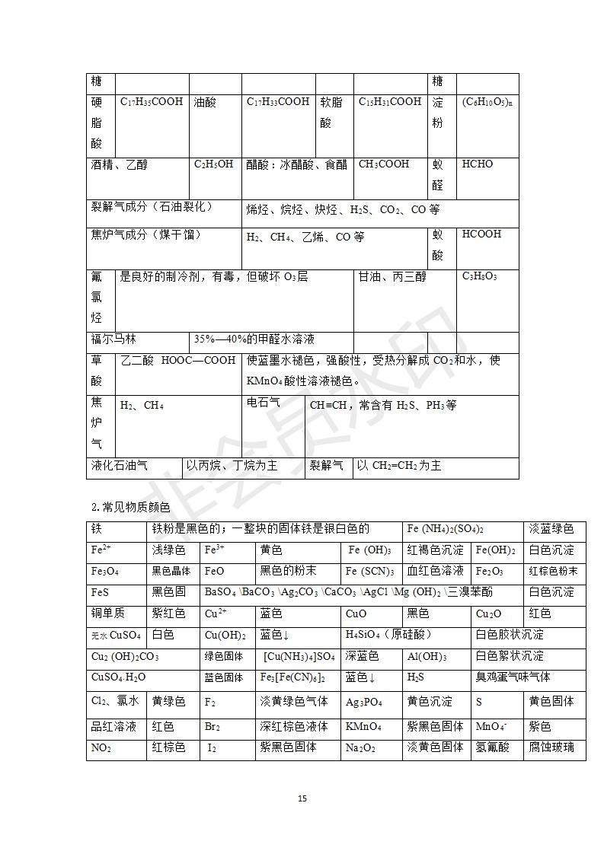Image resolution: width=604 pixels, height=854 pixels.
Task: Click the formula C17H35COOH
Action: tap(152, 101)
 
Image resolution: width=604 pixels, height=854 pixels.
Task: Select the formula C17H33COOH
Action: tap(278, 101)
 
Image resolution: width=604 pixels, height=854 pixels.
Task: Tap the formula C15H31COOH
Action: tap(390, 101)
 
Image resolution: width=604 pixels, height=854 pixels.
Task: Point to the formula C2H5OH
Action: tap(214, 164)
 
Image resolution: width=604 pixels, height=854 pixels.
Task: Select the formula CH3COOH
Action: tap(384, 164)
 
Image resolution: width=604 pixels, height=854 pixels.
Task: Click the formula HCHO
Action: tap(478, 164)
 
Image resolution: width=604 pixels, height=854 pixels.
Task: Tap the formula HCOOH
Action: tap(481, 234)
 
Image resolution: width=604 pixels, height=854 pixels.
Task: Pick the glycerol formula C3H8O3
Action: tap(480, 276)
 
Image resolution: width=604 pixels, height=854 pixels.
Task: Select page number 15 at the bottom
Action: tap(302, 798)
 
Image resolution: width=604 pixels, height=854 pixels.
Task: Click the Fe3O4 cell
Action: tap(105, 571)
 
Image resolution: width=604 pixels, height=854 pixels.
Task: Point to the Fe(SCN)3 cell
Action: tap(369, 571)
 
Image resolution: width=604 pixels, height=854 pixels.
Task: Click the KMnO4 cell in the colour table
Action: tap(363, 726)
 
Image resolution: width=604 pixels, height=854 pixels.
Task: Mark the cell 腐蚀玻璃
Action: tap(552, 747)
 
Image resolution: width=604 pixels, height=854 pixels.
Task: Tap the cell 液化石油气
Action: tap(120, 465)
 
